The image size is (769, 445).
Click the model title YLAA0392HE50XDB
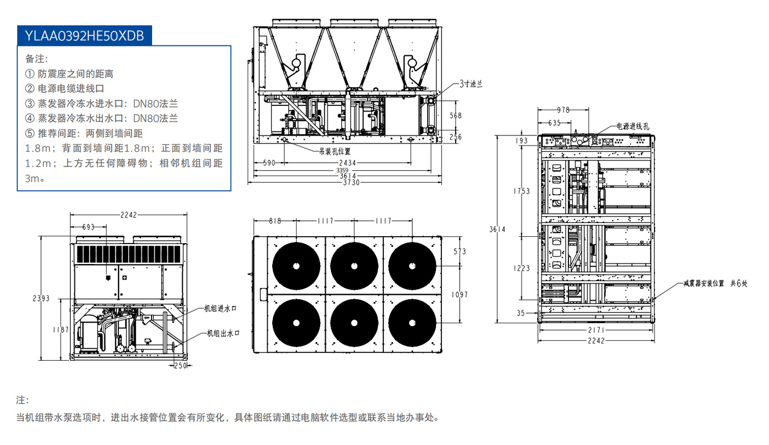(x=84, y=35)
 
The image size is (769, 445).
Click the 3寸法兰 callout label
(x=471, y=84)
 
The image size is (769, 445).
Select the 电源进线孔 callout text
(x=632, y=126)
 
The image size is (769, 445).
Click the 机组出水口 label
(x=222, y=333)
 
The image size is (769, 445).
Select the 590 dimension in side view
(x=269, y=163)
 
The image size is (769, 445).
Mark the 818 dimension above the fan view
(x=275, y=221)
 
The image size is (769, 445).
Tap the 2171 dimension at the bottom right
(x=596, y=331)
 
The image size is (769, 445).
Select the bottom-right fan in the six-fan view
(x=412, y=322)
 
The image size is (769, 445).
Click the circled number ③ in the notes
(x=30, y=104)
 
